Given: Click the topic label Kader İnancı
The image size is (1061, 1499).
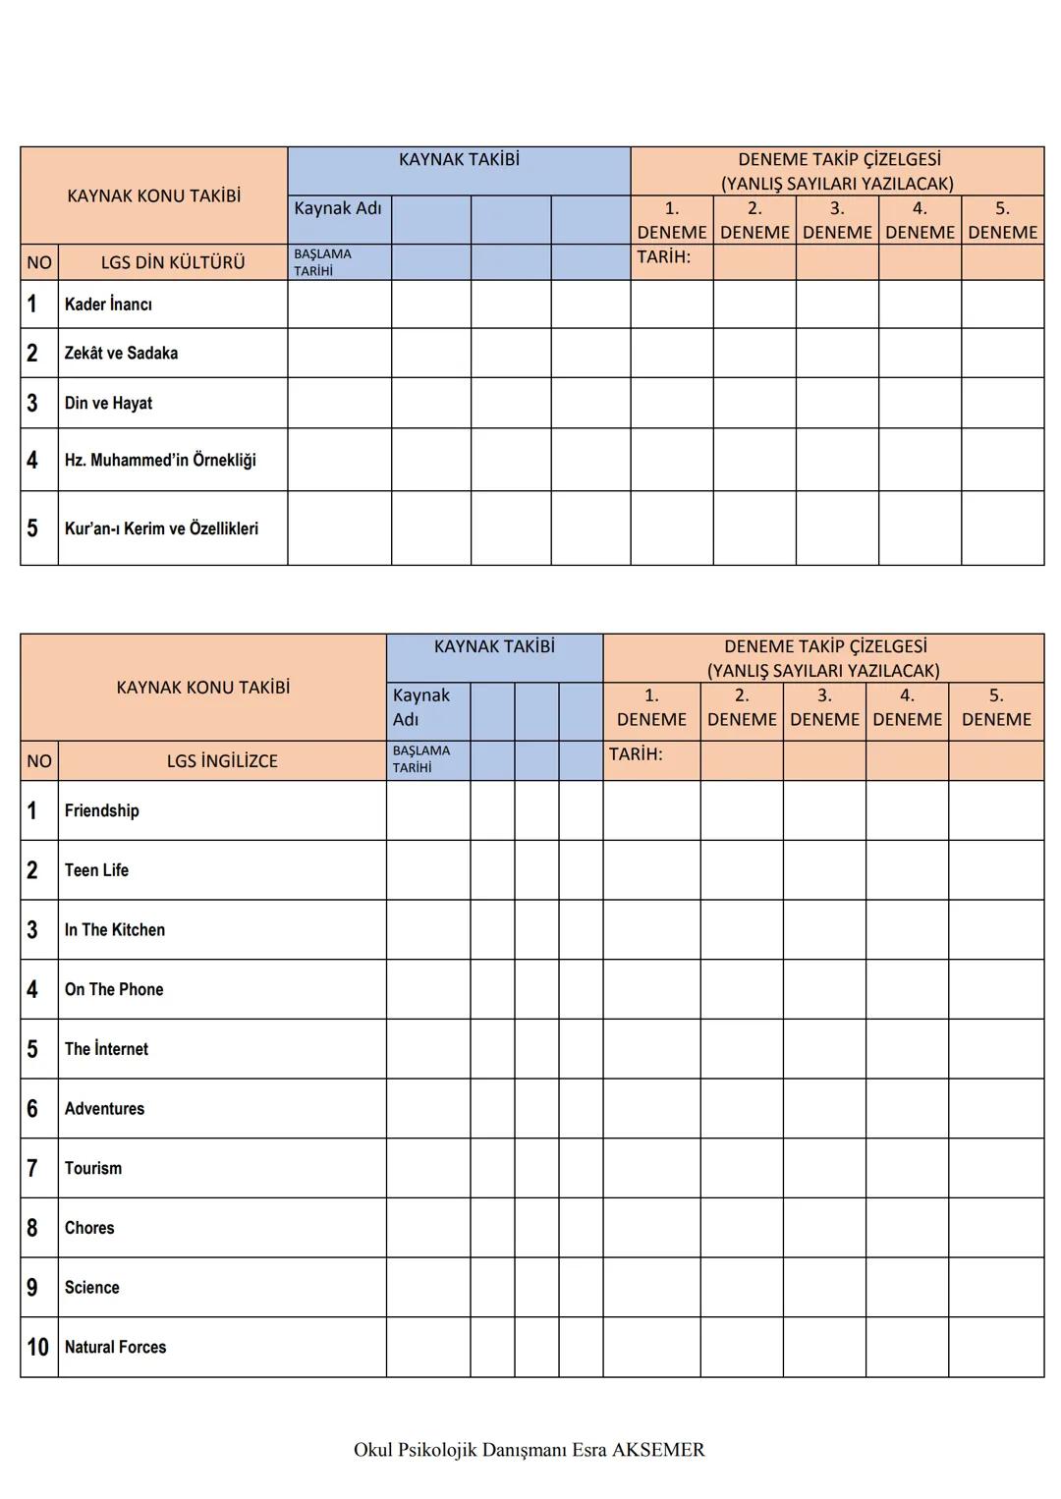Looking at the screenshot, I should point(108,305).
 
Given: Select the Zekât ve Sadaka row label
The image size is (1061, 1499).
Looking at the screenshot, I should point(121,354).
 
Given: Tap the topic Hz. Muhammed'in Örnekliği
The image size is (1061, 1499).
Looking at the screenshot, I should point(160,460).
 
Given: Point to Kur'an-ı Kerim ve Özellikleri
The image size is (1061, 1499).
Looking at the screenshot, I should point(161,528).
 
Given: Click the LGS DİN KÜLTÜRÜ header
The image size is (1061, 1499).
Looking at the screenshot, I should point(173,263).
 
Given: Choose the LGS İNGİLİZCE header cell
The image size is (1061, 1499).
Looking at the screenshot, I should point(222,761).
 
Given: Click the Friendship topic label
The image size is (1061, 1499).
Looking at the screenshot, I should point(102,810).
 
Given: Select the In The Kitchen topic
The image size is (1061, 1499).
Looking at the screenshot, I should point(115,929).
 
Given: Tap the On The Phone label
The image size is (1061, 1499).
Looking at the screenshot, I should point(114,989).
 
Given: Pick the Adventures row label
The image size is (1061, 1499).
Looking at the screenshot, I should point(104,1108).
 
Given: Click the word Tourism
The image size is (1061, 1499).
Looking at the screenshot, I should point(93,1168).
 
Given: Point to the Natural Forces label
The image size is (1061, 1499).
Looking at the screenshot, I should point(115,1347).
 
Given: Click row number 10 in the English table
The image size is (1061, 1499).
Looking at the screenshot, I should point(38,1347).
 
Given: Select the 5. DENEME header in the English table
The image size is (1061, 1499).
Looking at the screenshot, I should point(996,707).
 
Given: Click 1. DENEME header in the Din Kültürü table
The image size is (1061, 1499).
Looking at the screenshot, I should point(672,220).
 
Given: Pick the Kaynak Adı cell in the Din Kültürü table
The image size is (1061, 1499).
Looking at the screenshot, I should point(338,208).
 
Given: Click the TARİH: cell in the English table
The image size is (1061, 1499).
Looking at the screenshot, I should point(636,754).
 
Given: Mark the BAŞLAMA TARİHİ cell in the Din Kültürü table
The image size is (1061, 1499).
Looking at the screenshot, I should point(322,262).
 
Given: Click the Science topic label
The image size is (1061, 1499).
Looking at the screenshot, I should point(91,1287).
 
